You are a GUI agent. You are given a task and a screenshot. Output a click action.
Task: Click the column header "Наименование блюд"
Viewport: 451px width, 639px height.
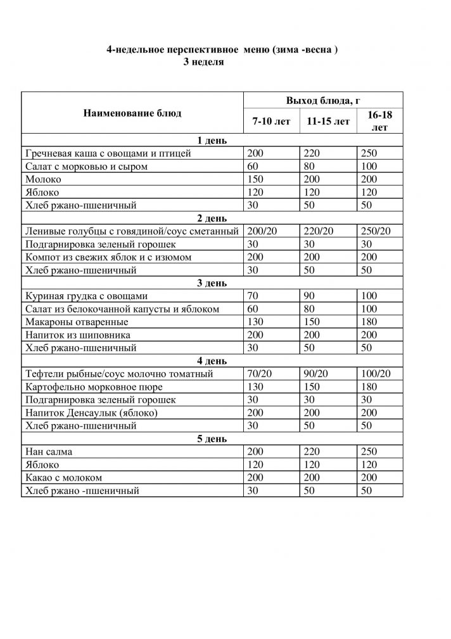(x=131, y=113)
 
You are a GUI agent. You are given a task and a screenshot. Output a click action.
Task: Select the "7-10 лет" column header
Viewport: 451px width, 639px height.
(x=271, y=122)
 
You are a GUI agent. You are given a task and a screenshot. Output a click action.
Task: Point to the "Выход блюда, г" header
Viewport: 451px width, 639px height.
(x=323, y=101)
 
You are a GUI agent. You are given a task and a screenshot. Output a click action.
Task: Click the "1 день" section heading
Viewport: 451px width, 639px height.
(x=212, y=141)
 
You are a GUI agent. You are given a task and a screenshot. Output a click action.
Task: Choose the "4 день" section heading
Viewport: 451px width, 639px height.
(x=212, y=361)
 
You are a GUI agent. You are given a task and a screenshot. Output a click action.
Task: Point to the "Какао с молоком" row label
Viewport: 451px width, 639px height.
(x=63, y=477)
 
